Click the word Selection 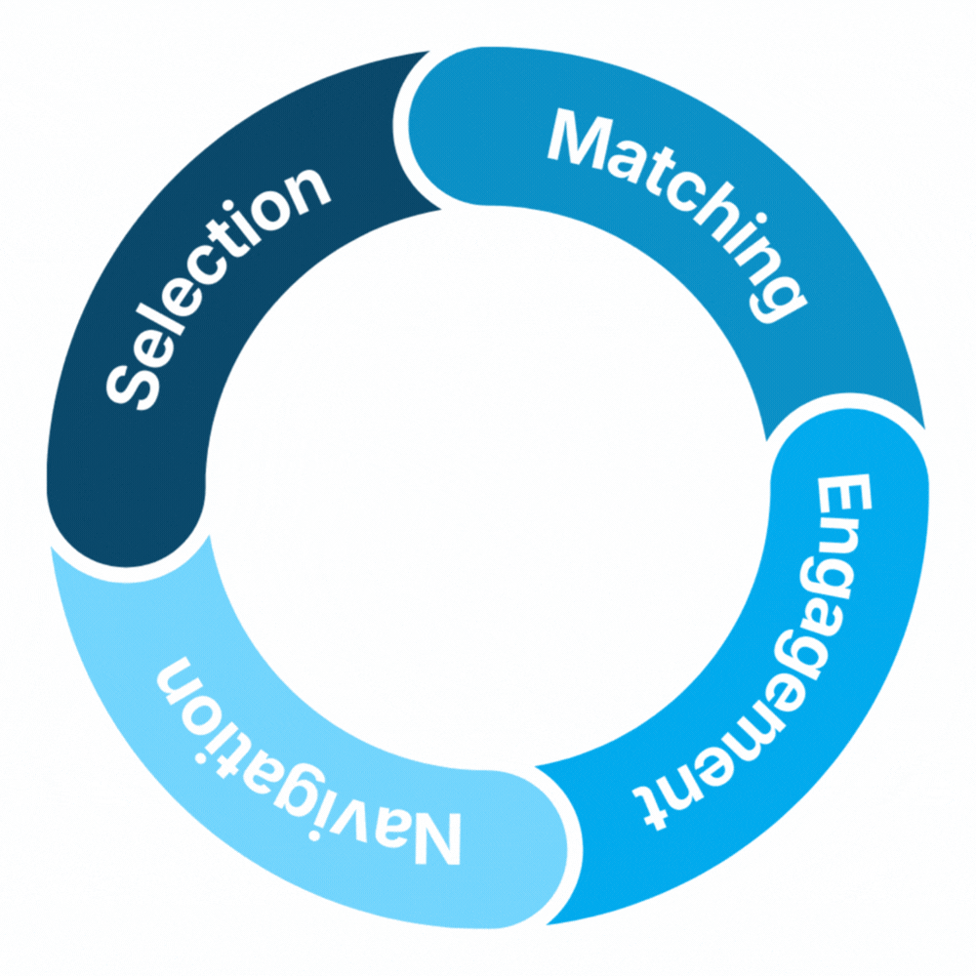210,283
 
